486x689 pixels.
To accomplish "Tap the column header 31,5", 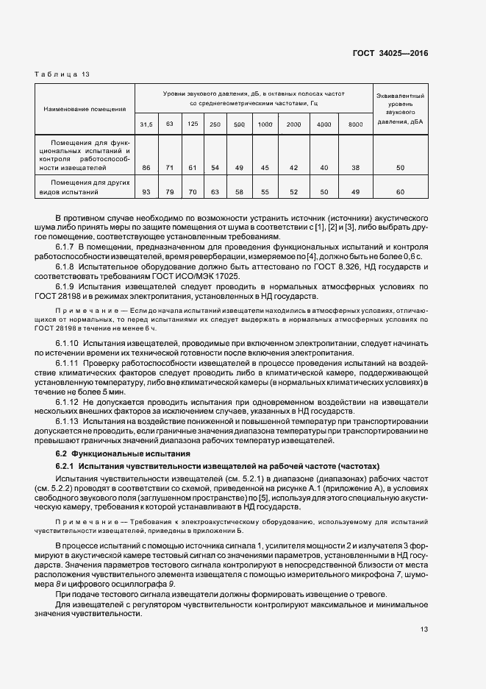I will click(146, 124).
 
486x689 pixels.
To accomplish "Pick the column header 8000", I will click(355, 124).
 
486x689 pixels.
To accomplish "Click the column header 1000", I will click(264, 124).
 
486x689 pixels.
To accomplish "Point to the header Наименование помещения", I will click(85, 109).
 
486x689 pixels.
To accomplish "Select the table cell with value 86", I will click(146, 168).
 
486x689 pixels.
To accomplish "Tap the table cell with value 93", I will click(146, 192).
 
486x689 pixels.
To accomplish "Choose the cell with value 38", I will click(355, 168).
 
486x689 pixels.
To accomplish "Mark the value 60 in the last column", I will click(400, 192).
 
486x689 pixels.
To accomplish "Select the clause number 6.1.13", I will click(69, 421).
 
